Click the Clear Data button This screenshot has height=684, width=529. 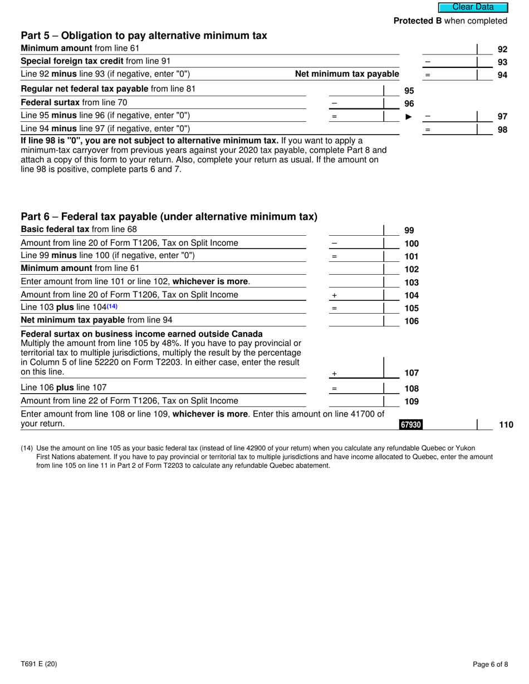(473, 7)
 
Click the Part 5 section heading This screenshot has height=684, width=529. (144, 36)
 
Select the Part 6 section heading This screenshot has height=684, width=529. (169, 216)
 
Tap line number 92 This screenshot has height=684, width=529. (502, 49)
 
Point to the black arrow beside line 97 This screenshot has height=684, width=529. (409, 117)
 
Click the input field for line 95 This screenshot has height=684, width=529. (356, 90)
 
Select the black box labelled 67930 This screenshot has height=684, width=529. (411, 425)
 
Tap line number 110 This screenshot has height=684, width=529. (506, 425)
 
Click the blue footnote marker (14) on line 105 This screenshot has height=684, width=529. (112, 306)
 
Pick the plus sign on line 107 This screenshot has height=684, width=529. (334, 374)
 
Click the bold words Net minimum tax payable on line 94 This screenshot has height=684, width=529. (346, 74)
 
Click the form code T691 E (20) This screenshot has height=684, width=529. (38, 664)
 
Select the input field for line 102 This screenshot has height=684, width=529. (356, 269)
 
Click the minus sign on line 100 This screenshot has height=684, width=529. (334, 244)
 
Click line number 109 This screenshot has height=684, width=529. (411, 402)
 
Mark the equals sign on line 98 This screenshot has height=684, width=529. (428, 130)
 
